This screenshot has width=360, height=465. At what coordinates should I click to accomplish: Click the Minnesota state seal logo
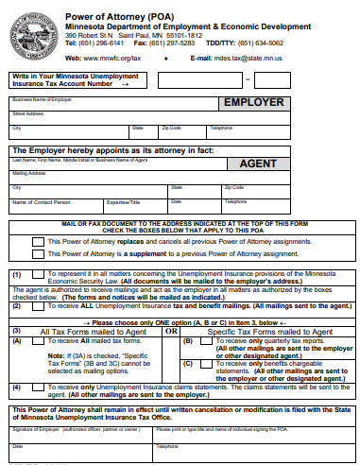[x=30, y=34]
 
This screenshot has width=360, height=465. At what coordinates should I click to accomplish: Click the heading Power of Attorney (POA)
[x=119, y=17]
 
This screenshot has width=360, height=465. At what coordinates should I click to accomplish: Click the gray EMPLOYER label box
[x=251, y=103]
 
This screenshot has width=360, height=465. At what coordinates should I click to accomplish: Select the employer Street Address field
[x=180, y=118]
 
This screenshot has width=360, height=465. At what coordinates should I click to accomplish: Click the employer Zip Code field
[x=181, y=133]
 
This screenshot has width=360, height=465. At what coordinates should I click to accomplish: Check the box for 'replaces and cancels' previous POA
[x=39, y=242]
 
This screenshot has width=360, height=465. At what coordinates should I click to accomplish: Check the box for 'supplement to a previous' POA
[x=39, y=255]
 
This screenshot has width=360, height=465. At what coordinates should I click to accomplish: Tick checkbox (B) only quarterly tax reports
[x=211, y=341]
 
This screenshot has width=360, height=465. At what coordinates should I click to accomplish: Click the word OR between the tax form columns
[x=171, y=332]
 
